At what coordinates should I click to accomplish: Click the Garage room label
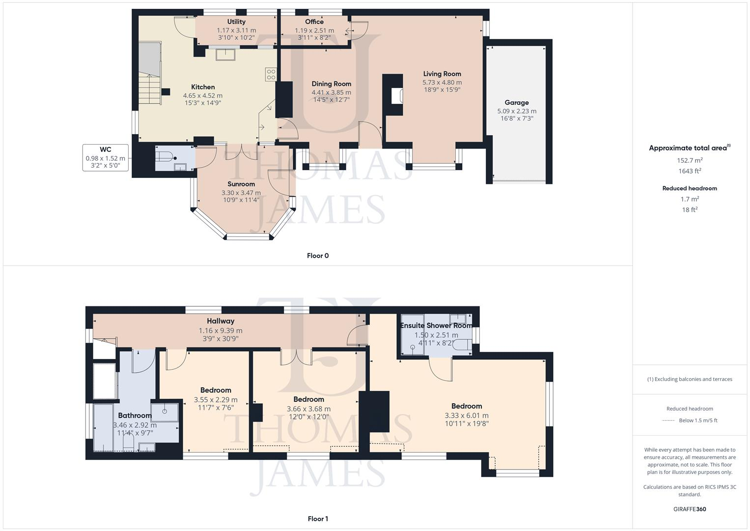pyautogui.click(x=516, y=103)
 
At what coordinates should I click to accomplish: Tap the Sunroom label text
pyautogui.click(x=241, y=184)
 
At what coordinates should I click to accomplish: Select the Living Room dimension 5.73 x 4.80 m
pyautogui.click(x=442, y=83)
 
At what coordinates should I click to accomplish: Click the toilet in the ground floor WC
pyautogui.click(x=165, y=157)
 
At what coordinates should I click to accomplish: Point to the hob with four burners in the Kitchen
pyautogui.click(x=271, y=74)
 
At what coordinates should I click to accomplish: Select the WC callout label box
pyautogui.click(x=106, y=158)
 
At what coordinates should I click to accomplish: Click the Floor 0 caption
pyautogui.click(x=318, y=256)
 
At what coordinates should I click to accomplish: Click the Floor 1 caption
pyautogui.click(x=318, y=519)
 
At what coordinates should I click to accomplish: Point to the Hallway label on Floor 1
pyautogui.click(x=221, y=321)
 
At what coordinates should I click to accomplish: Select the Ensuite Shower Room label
pyautogui.click(x=436, y=325)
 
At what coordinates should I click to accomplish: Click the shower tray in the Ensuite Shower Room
pyautogui.click(x=413, y=334)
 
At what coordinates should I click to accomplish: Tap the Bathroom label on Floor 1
pyautogui.click(x=135, y=415)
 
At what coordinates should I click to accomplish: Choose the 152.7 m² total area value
pyautogui.click(x=690, y=160)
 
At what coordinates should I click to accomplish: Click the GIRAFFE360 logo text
pyautogui.click(x=690, y=509)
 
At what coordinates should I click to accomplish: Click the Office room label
pyautogui.click(x=314, y=22)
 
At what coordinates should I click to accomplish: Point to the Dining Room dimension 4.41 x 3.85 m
pyautogui.click(x=331, y=92)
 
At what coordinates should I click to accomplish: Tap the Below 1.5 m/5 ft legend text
pyautogui.click(x=698, y=420)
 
